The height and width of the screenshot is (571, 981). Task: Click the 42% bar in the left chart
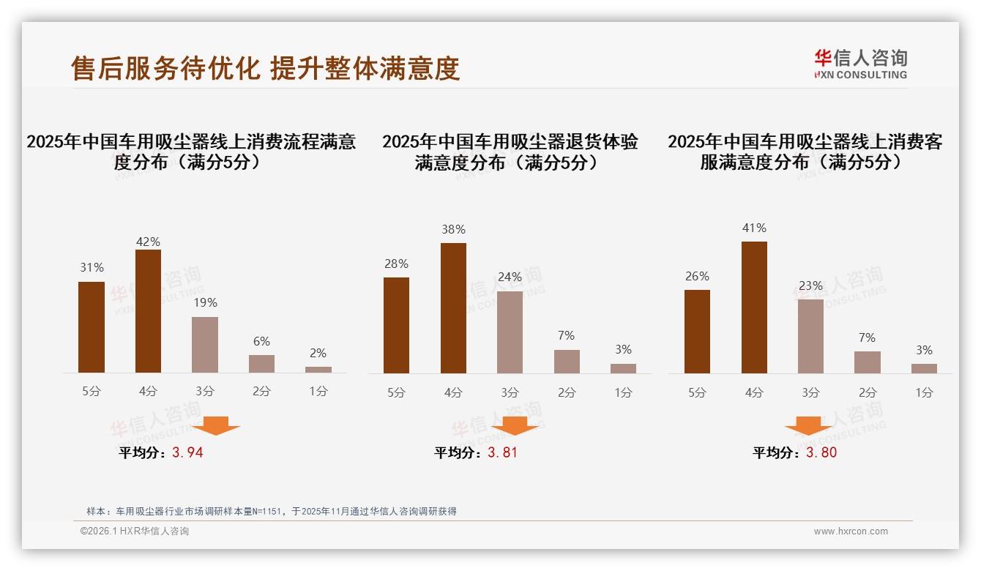[x=148, y=311]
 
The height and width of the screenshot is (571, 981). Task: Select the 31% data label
[x=92, y=268]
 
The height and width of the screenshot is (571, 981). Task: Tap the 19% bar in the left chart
[x=205, y=345]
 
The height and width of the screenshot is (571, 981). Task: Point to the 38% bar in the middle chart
[x=453, y=308]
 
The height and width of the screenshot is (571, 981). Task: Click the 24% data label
[x=510, y=277]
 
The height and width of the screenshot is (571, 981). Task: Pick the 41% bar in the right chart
[x=754, y=307]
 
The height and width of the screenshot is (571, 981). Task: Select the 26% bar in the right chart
[x=697, y=332]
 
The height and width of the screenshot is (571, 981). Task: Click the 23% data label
[x=810, y=286]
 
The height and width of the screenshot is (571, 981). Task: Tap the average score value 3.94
[x=187, y=452]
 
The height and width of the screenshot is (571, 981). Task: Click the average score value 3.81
[x=502, y=452]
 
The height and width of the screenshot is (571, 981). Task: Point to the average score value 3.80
[x=821, y=452]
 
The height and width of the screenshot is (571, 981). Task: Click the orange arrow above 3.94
[x=216, y=425]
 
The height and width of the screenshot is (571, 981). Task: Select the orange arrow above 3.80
[x=808, y=425]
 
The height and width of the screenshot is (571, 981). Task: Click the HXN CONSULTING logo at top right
[x=860, y=64]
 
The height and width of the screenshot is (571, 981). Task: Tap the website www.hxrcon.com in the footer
[x=851, y=531]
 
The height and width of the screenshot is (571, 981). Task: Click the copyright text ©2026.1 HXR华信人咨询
[x=135, y=531]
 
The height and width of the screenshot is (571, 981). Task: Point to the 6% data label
[x=261, y=341]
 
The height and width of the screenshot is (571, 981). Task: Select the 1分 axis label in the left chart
[x=318, y=392]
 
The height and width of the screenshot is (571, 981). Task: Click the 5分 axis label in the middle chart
[x=396, y=393]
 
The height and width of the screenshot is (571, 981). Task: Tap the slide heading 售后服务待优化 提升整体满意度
[x=265, y=68]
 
